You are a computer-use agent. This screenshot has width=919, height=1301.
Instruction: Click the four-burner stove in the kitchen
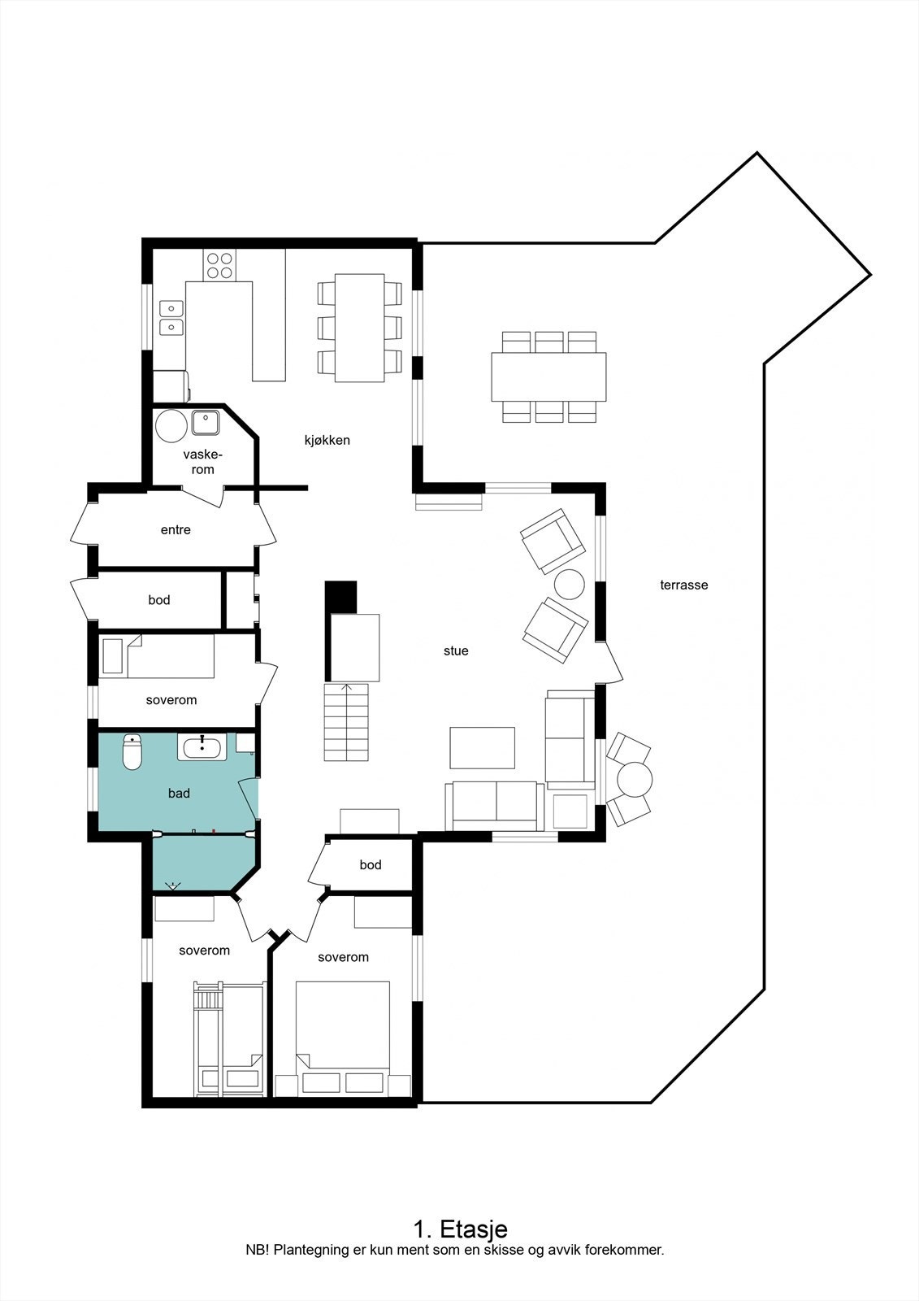click(219, 265)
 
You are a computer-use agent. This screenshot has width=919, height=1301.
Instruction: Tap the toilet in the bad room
click(132, 753)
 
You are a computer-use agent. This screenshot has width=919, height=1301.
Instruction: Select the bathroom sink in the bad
click(202, 746)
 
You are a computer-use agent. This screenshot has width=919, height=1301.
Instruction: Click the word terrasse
click(683, 585)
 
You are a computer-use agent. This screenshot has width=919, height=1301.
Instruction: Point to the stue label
click(456, 650)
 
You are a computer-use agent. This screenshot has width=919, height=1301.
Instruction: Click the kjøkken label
click(327, 440)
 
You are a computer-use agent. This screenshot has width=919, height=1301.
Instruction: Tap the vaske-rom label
click(202, 462)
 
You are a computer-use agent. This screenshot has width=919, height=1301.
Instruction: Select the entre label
click(176, 529)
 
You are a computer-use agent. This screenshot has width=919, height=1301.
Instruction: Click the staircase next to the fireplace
click(347, 722)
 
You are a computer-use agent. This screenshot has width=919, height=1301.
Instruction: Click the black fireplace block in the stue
click(340, 596)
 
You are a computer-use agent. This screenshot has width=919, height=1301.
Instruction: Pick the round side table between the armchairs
click(569, 585)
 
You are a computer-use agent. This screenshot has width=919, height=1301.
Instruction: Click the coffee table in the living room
click(482, 747)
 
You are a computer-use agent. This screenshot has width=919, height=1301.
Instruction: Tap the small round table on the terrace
click(635, 780)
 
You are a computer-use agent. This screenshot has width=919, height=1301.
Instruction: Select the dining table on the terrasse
click(548, 376)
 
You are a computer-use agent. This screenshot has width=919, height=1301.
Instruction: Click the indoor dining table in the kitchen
click(360, 328)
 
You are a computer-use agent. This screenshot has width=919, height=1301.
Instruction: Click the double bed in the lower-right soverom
click(342, 1026)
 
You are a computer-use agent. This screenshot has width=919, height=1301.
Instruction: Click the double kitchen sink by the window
click(171, 317)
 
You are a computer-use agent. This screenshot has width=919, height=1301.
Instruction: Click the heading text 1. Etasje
click(460, 1228)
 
